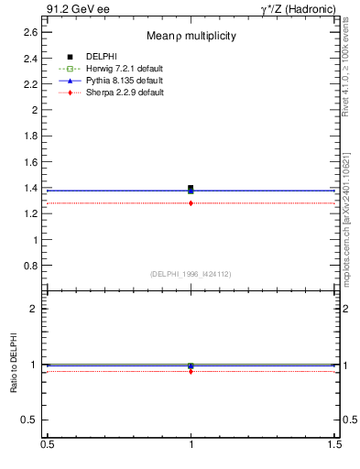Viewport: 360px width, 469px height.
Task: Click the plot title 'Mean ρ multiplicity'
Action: click(191, 36)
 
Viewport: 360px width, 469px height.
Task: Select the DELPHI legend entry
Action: click(101, 57)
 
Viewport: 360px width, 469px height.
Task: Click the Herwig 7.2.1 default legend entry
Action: click(124, 69)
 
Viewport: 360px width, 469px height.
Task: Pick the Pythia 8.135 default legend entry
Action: click(124, 81)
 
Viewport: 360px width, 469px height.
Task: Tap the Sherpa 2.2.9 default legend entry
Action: click(124, 93)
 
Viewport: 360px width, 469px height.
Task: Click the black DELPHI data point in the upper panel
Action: click(191, 188)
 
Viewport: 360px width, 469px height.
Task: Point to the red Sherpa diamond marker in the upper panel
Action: click(191, 202)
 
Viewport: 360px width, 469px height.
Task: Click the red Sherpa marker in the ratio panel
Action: click(191, 371)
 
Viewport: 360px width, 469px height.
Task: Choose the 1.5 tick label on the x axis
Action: click(336, 445)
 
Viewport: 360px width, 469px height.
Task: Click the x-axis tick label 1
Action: click(191, 445)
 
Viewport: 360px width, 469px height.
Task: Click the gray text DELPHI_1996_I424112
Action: click(191, 274)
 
